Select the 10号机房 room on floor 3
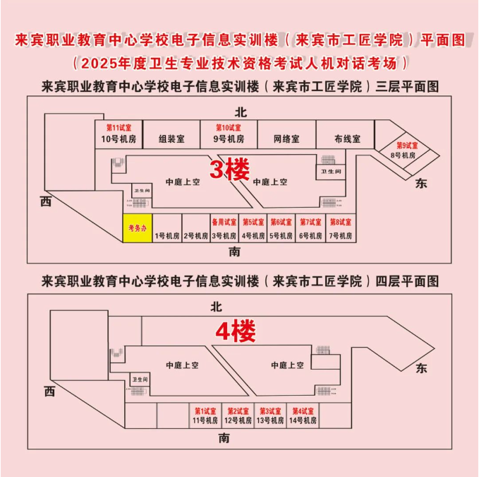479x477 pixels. pos(114,134)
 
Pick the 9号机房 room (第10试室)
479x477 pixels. pos(229,134)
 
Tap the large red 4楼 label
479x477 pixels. pos(234,329)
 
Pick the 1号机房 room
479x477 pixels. pos(167,235)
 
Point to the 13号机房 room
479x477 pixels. pos(272,416)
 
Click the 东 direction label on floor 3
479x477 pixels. pos(422,183)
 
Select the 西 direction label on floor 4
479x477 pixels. pos(49,391)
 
